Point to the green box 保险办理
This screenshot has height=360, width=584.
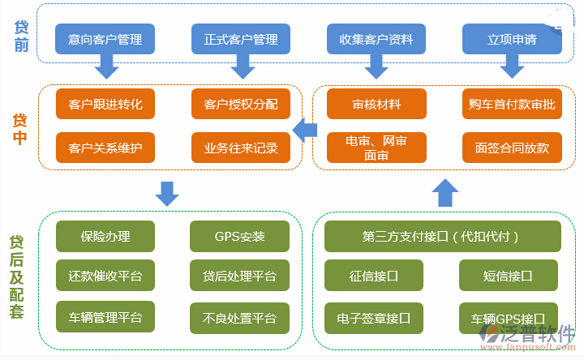[x=105, y=237]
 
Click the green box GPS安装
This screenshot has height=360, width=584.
[x=239, y=237]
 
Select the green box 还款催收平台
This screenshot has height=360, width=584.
[x=105, y=276]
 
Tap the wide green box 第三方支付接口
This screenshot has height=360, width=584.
[x=441, y=237]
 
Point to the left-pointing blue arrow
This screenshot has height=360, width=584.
[x=304, y=128]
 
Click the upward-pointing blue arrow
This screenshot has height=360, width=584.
[x=445, y=193]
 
